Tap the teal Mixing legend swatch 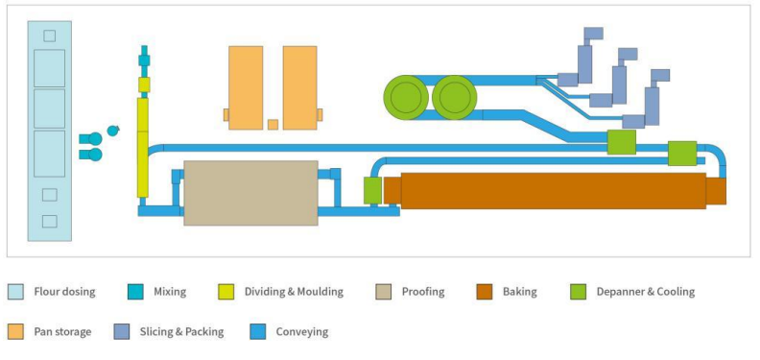(x=135, y=291)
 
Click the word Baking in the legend (x=520, y=291)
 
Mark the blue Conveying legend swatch (x=256, y=332)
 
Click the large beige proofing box (x=250, y=193)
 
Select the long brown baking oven (x=553, y=190)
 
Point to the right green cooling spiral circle (x=455, y=98)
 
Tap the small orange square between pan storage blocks (x=273, y=124)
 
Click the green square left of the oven (x=372, y=190)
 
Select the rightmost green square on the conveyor (x=681, y=153)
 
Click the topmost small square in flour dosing (x=50, y=36)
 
